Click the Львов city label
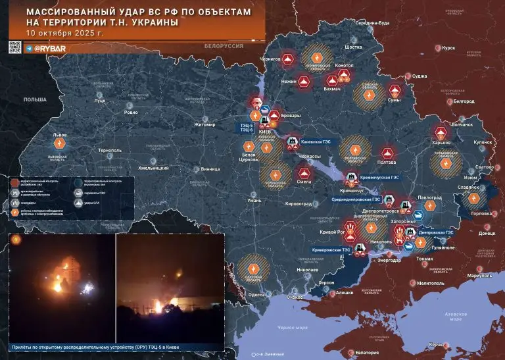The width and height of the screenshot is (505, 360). click(x=59, y=134)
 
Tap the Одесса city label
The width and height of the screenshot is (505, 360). click(x=256, y=295)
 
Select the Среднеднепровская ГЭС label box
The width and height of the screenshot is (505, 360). click(x=357, y=199)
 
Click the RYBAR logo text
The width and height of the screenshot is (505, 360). click(x=50, y=49)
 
